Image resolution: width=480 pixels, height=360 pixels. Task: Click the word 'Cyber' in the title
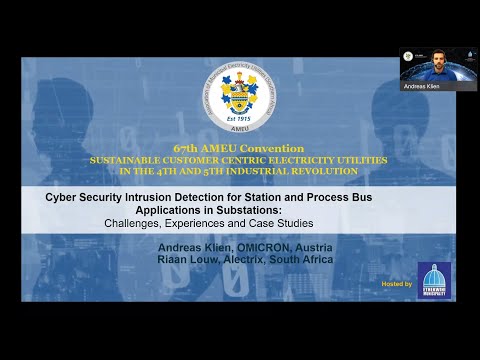[62, 197]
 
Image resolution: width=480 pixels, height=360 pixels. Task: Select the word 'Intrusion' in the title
[140, 197]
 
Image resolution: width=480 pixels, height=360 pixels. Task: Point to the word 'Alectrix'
[250, 260]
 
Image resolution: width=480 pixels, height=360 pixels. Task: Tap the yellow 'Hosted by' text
[397, 285]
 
